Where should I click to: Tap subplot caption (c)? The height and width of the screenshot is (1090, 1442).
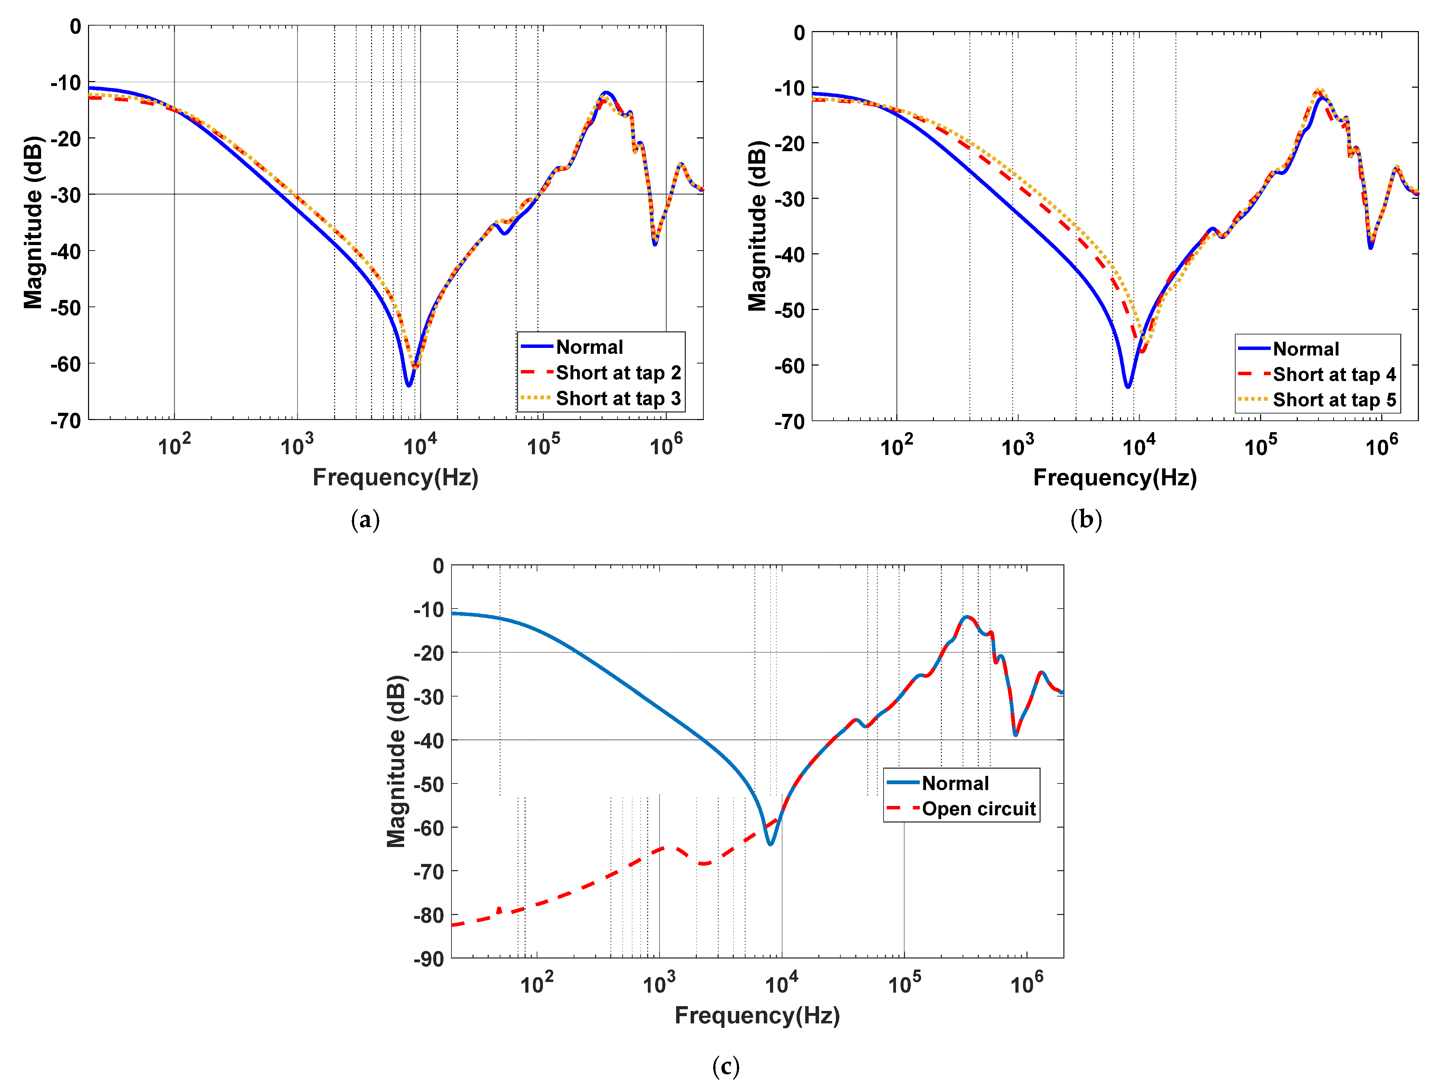[x=725, y=1067]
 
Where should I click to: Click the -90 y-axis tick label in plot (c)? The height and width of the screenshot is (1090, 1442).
[x=428, y=959]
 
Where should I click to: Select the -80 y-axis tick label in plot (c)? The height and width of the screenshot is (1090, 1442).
[x=428, y=915]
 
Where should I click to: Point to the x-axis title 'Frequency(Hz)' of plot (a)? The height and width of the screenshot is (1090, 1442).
[x=395, y=477]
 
